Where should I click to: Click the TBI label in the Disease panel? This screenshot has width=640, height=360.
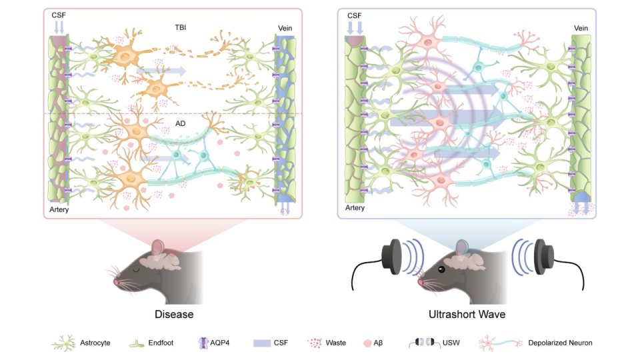click(x=181, y=27)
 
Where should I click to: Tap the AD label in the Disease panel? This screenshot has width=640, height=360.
click(x=181, y=123)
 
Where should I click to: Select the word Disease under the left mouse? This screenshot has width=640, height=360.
click(x=174, y=314)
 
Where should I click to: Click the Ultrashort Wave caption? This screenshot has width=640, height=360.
click(x=467, y=314)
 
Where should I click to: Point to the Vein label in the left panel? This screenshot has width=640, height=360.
click(x=285, y=28)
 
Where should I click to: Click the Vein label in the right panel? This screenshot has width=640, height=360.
click(x=581, y=28)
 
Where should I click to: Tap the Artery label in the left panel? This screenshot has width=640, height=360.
click(x=59, y=209)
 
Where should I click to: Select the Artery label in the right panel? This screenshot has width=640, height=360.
click(x=355, y=208)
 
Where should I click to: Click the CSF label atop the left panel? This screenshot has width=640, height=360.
click(x=59, y=15)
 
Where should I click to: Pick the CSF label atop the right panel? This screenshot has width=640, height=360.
click(x=354, y=15)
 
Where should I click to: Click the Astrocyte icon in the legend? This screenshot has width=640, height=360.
click(x=64, y=343)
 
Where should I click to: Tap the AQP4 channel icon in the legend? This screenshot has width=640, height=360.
click(x=203, y=343)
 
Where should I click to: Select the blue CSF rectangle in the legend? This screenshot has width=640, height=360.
click(x=262, y=343)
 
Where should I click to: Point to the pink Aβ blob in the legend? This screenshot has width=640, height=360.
click(x=367, y=343)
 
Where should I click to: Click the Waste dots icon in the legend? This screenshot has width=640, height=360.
click(x=315, y=343)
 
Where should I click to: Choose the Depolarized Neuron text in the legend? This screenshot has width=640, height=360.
click(x=560, y=343)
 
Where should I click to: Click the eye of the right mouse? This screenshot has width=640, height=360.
click(x=441, y=269)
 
